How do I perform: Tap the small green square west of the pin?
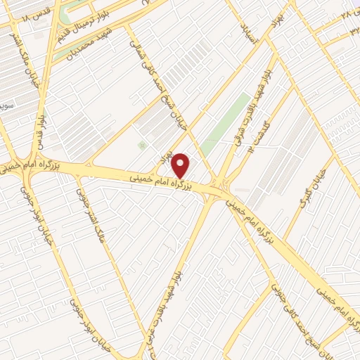click(143, 145)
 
